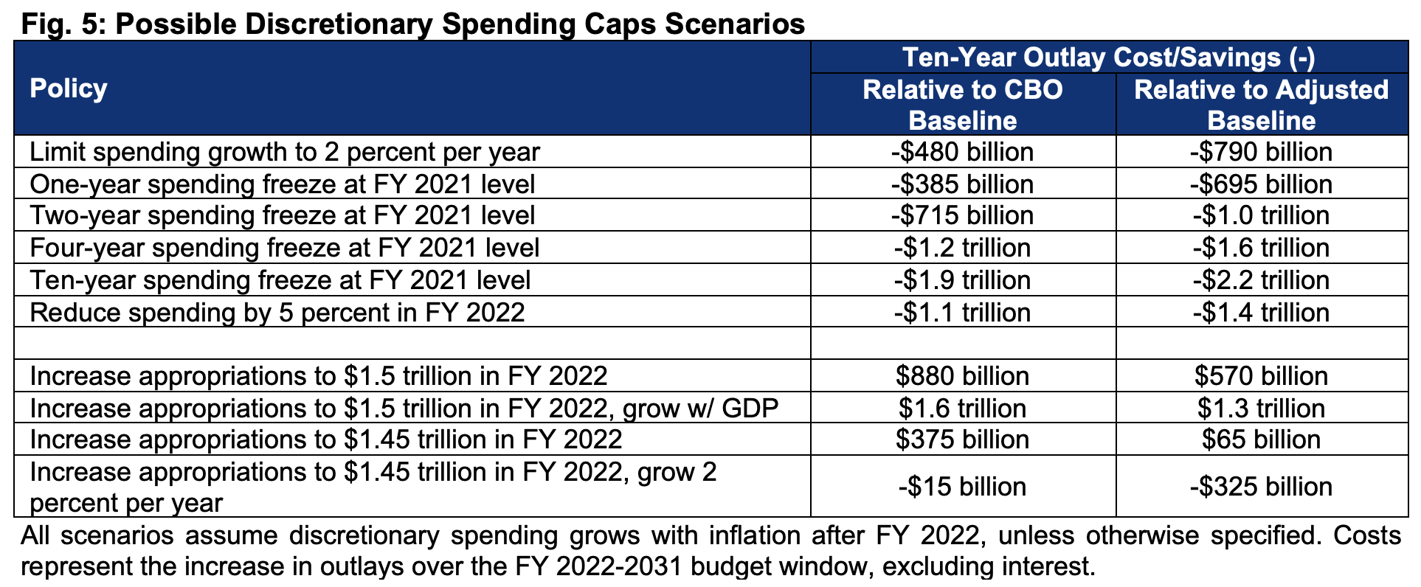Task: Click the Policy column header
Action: pos(68,88)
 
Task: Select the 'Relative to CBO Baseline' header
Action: pos(962,105)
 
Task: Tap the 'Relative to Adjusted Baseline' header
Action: pos(1261,105)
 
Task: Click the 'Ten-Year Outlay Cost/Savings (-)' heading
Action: pos(1108,58)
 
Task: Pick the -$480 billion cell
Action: pos(962,152)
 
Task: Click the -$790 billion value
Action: pos(1261,152)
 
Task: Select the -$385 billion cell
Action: pos(962,184)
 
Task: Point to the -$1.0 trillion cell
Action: pos(1261,216)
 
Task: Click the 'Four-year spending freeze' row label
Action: pos(284,248)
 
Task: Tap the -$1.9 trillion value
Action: pos(962,280)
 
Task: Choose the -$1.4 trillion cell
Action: pos(1261,313)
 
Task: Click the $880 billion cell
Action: pos(962,376)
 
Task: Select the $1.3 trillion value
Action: pos(1261,409)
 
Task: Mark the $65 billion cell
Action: pos(1261,440)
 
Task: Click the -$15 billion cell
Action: pos(962,487)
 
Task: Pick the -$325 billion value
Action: pos(1261,487)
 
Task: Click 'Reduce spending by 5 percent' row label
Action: pos(277,313)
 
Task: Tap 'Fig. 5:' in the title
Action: pos(62,24)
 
